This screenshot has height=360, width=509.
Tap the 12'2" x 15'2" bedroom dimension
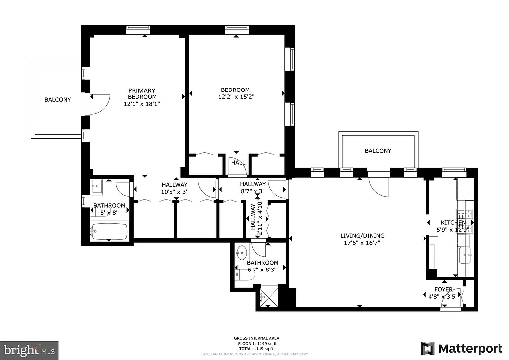coord(235,97)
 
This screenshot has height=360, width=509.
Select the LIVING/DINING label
coord(362,236)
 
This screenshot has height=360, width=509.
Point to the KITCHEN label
coord(453,222)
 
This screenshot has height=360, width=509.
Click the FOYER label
coord(443,289)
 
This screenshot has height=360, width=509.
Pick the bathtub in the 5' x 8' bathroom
coord(109,231)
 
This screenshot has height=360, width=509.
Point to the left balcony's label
coord(57,100)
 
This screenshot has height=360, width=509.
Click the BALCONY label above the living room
coord(378,151)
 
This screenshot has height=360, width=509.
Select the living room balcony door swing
coord(379,186)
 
